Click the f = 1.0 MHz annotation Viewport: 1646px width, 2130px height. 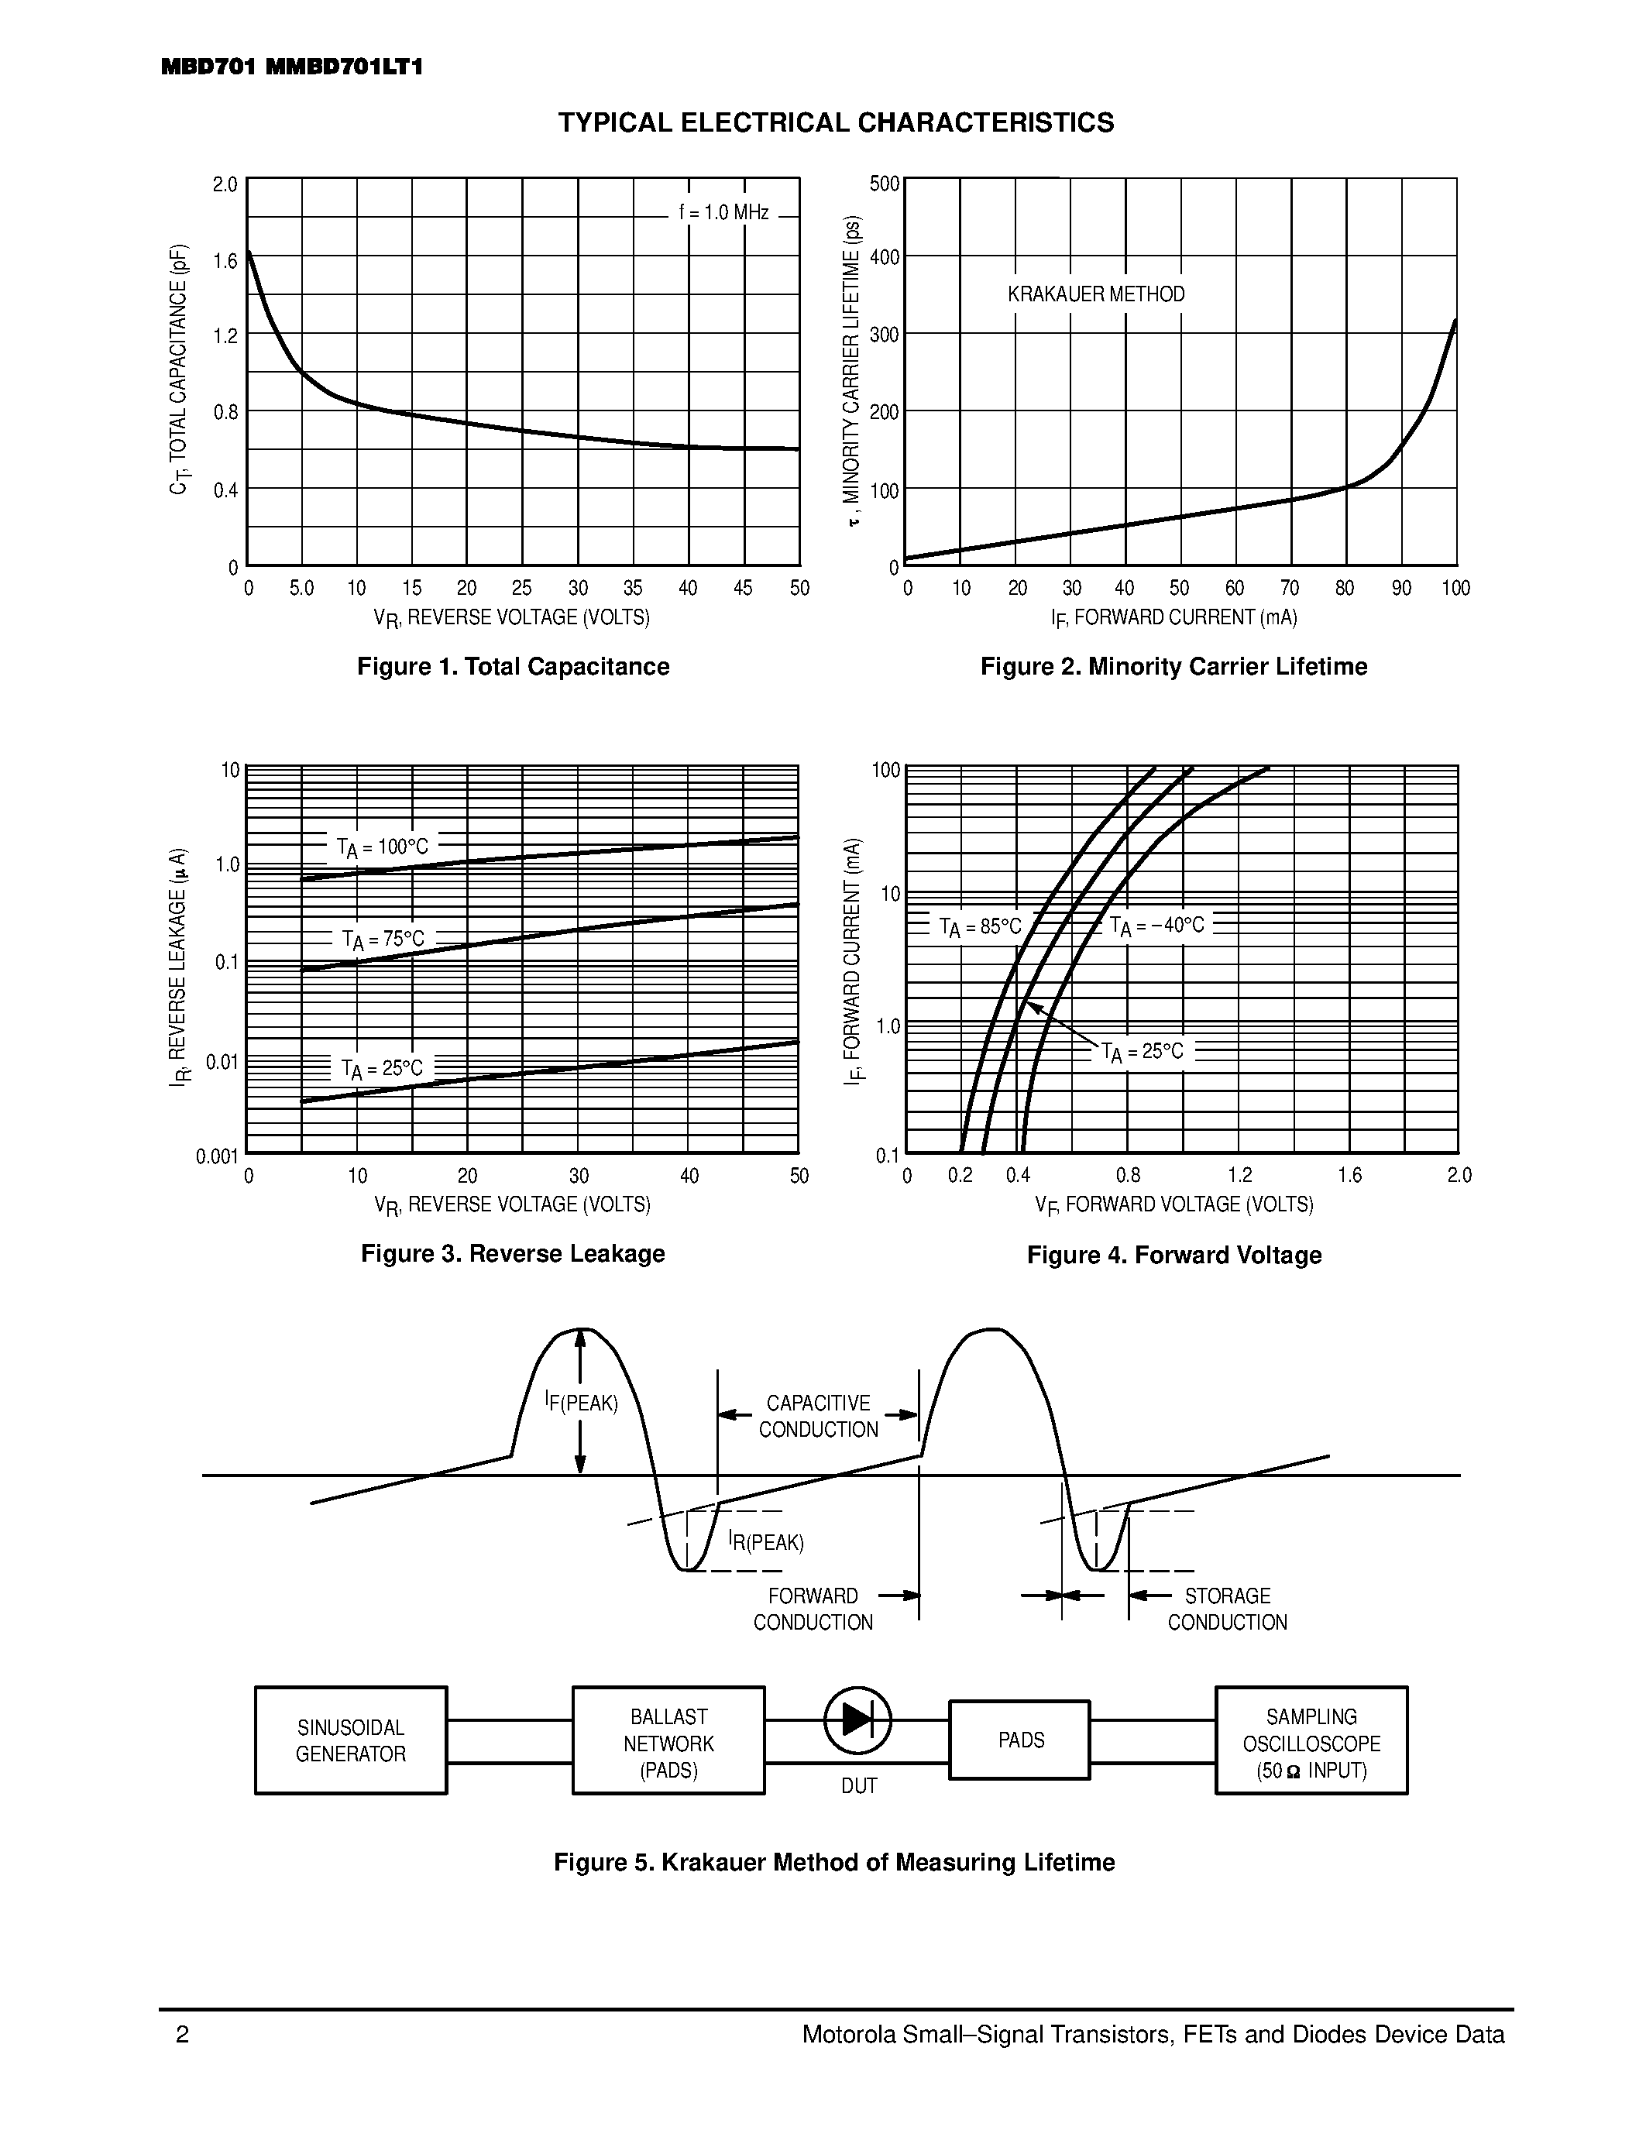[723, 212]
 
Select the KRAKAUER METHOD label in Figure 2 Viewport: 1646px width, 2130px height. [1096, 294]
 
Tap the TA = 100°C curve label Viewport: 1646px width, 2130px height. [382, 847]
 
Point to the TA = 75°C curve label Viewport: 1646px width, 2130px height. [383, 940]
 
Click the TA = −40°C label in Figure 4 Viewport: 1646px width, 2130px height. [1157, 926]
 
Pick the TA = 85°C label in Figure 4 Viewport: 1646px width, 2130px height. [980, 926]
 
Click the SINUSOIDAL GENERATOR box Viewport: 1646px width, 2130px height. [350, 1739]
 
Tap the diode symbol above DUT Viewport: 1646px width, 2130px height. [857, 1719]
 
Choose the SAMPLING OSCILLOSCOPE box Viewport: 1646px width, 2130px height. [1311, 1739]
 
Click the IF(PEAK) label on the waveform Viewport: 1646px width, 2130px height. [581, 1403]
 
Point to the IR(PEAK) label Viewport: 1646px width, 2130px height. [766, 1542]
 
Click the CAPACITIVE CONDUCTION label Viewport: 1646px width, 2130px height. [818, 1416]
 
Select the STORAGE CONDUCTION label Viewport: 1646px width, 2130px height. [1227, 1610]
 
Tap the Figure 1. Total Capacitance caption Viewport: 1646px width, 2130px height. [513, 666]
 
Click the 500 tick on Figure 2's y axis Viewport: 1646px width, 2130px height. [884, 184]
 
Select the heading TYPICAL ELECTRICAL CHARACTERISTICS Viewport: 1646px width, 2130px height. [836, 123]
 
